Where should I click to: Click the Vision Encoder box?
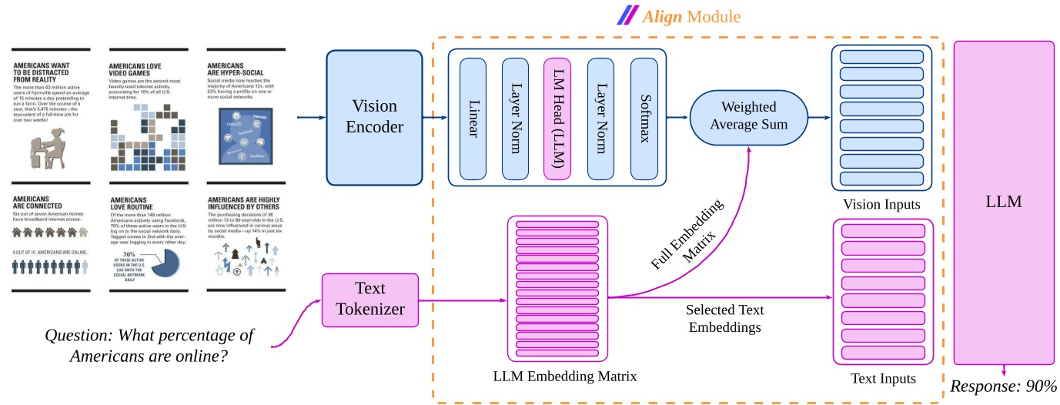point(375,117)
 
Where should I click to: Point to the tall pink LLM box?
point(1003,202)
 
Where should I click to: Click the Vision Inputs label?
point(881,204)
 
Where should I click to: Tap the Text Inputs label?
point(883,378)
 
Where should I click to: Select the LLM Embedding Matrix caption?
point(564,377)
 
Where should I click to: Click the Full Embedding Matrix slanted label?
point(687,236)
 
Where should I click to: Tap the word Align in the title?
point(662,15)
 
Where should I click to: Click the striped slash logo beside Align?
point(627,15)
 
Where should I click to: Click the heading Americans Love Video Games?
point(143,71)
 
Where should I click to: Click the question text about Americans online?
point(151,346)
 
